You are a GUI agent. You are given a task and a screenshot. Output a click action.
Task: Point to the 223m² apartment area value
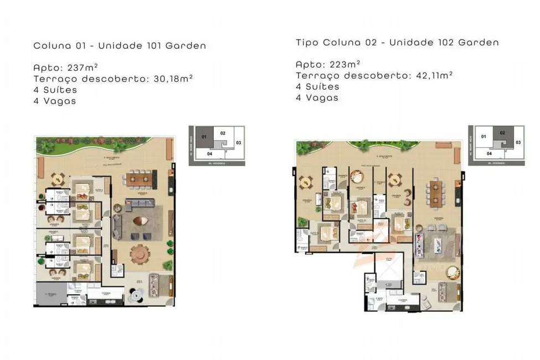344,64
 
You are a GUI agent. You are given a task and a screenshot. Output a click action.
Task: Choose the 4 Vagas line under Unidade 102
317,97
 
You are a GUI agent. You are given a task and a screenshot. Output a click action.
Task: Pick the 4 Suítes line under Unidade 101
55,90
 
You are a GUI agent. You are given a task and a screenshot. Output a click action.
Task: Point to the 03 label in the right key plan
518,142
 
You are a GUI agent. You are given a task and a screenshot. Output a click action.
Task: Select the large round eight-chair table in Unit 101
140,255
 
